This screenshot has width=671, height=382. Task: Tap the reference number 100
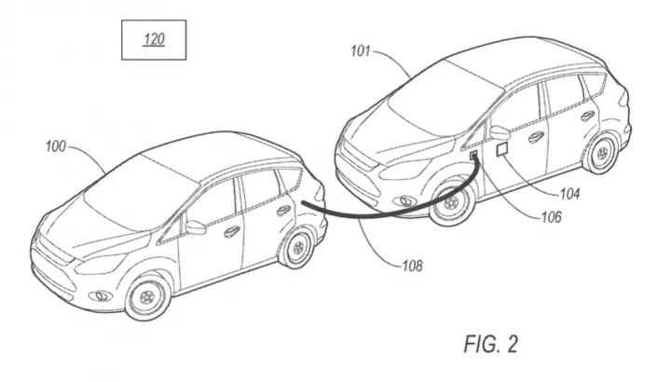pos(56,146)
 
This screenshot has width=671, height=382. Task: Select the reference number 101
pos(361,51)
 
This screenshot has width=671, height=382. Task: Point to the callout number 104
pos(569,194)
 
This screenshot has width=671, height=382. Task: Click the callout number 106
pos(551,217)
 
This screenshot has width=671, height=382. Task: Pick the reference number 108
pos(412,266)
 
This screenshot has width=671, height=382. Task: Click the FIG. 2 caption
pos(491,345)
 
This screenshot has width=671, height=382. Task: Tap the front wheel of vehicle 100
pos(147,296)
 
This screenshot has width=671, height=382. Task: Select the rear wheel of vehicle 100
pos(297,247)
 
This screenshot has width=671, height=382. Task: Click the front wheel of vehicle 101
pos(451,203)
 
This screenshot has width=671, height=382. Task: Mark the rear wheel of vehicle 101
pos(602,152)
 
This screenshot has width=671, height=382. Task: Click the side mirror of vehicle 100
pos(195,227)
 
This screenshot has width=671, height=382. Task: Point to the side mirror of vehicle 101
pos(499,132)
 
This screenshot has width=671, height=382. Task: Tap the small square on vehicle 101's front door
pos(502,150)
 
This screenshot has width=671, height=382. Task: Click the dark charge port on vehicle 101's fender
pos(474,156)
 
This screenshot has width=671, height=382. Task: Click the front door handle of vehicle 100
pos(231,231)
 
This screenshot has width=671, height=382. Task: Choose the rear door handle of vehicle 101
pos(587,116)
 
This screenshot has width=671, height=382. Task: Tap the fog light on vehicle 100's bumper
pos(102,295)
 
